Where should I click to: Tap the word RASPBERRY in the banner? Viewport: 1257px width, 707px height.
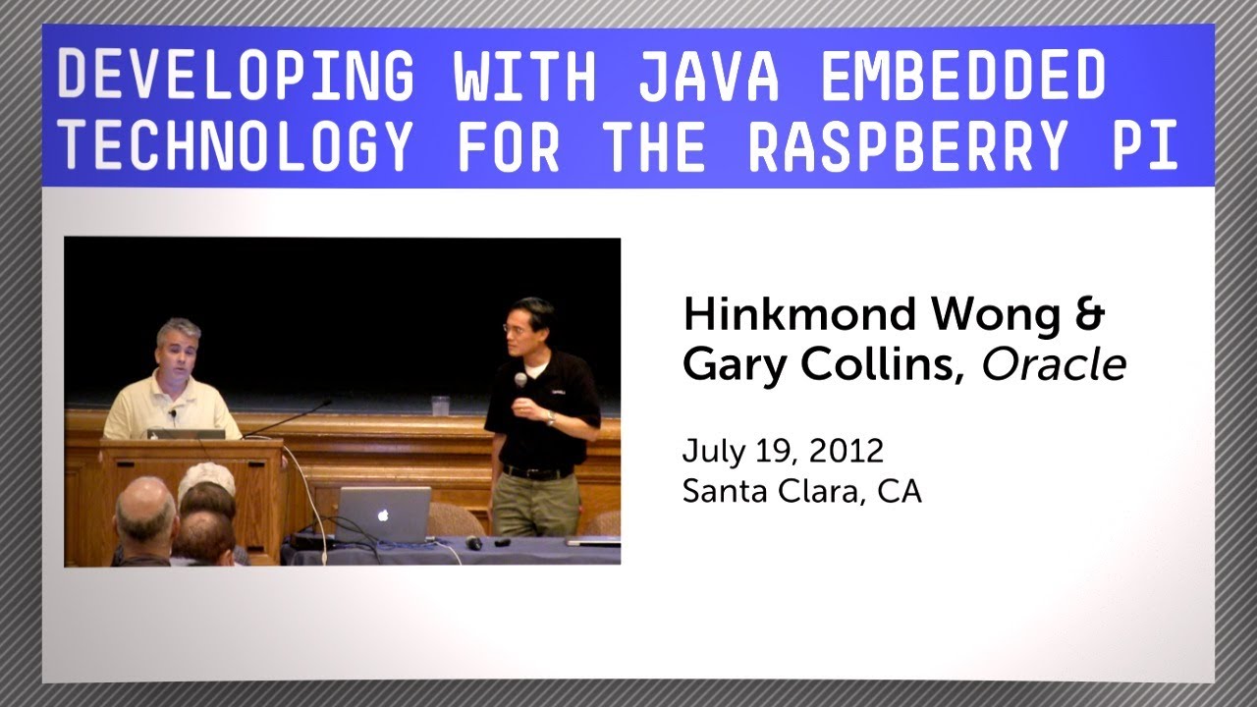point(906,147)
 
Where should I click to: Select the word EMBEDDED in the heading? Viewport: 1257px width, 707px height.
point(963,75)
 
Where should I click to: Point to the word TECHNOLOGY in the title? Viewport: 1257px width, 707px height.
point(236,147)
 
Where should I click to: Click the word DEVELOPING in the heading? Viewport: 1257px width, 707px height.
point(236,75)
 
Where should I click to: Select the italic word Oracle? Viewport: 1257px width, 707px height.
point(1054,365)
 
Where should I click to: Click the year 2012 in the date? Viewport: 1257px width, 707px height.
point(846,451)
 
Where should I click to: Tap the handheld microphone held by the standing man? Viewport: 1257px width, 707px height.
point(520,381)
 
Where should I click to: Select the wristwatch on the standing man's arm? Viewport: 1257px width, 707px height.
point(550,419)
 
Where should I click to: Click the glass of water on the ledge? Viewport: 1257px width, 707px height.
point(440,405)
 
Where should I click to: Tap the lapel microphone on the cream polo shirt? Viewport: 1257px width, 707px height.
point(174,413)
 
